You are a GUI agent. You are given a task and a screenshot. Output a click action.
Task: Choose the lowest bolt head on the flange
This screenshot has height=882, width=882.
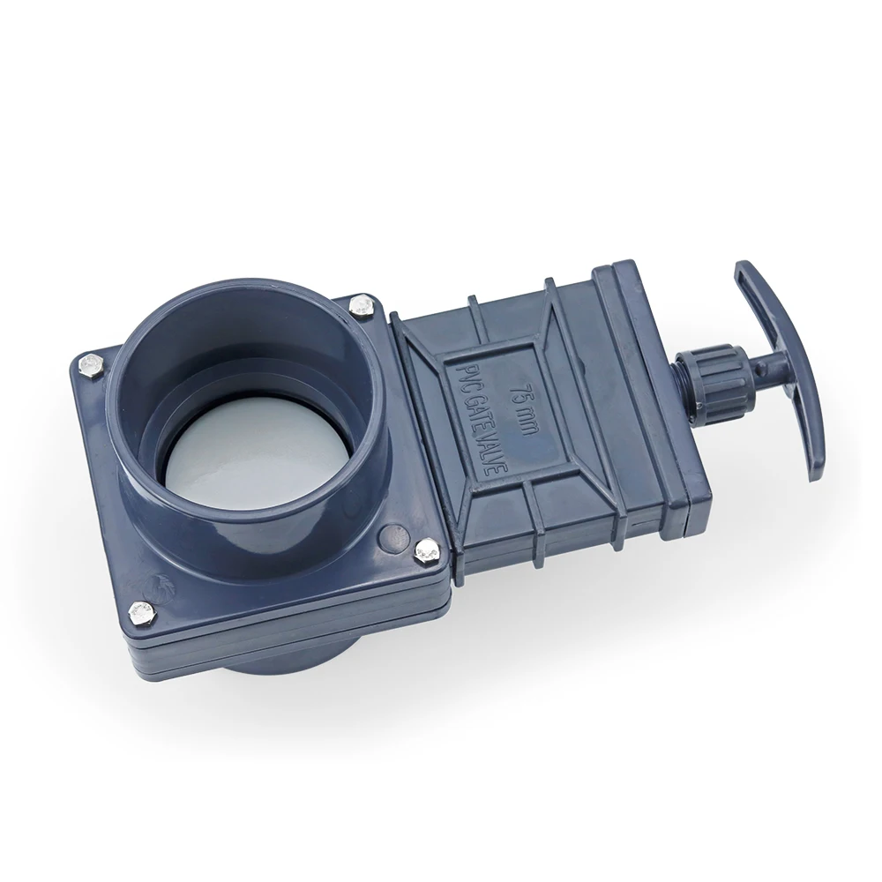coord(137,610)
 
